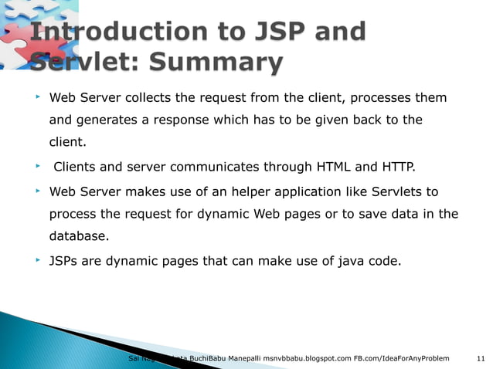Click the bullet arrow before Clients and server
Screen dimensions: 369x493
tap(36, 165)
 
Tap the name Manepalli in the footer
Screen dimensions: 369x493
tap(239, 359)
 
